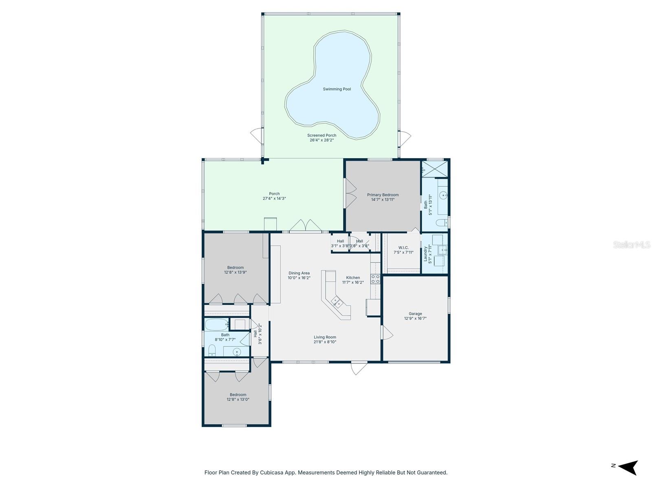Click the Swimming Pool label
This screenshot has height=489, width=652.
(x=337, y=89)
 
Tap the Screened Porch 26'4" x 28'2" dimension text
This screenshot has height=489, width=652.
(x=322, y=140)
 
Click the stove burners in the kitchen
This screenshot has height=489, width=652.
(x=375, y=279)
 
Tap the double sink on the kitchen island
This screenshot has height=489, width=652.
(x=337, y=302)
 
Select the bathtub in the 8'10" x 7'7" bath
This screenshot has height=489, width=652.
(x=216, y=325)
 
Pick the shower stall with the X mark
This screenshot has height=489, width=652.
(x=435, y=168)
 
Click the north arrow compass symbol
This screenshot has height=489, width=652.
(x=629, y=467)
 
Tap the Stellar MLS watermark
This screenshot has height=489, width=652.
(x=631, y=244)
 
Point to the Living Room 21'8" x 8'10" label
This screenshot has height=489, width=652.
(x=325, y=339)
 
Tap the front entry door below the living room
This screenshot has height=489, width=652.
(x=359, y=368)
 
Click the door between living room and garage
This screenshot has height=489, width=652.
(x=386, y=332)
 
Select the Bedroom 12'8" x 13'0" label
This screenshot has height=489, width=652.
(x=238, y=397)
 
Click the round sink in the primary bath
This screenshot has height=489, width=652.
(x=443, y=196)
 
